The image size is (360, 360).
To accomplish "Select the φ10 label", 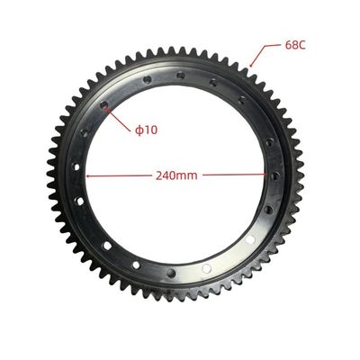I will click(x=147, y=130).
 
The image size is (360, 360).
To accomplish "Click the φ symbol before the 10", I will click(x=139, y=130).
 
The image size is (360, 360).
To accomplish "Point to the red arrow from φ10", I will click(x=119, y=118).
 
